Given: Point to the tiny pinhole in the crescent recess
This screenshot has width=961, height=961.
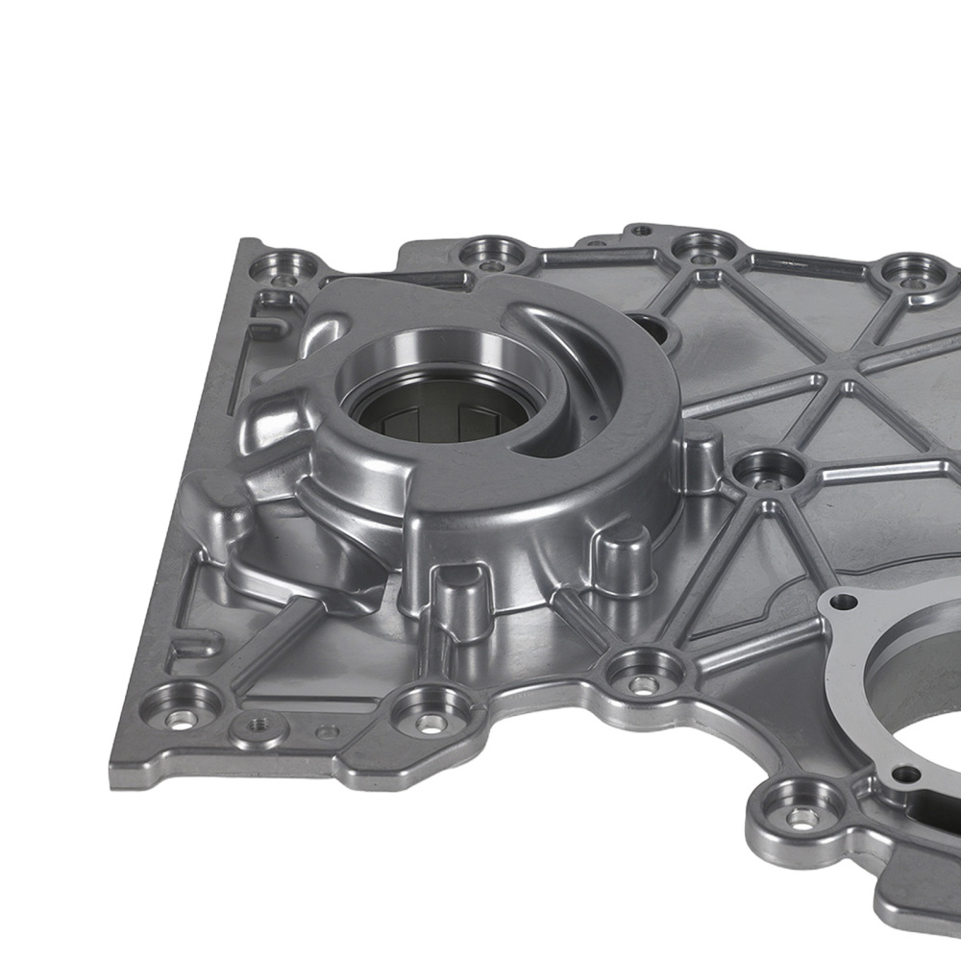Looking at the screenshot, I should click(x=595, y=419).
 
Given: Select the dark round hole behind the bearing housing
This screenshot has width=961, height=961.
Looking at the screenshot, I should click(x=655, y=333).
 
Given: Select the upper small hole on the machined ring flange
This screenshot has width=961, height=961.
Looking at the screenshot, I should click(x=844, y=603).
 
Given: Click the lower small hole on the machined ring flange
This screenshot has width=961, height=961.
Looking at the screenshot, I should click(x=903, y=773).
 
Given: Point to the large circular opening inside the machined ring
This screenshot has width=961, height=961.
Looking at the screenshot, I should click(x=923, y=692).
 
